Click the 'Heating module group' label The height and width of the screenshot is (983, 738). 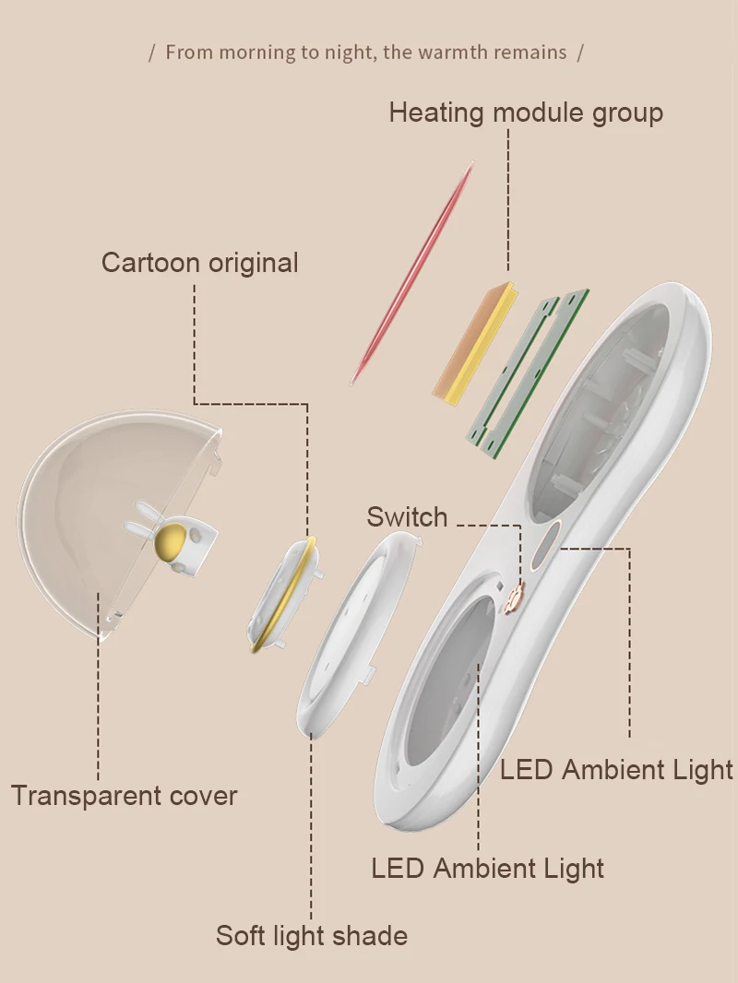[525, 113]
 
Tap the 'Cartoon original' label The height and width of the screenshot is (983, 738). [199, 262]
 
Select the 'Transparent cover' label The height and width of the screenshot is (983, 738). [124, 796]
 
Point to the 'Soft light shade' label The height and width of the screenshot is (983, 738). [311, 936]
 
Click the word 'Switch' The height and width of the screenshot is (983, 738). [407, 516]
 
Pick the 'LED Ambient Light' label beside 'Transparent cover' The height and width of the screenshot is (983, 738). [616, 769]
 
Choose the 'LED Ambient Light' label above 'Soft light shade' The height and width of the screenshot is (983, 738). [487, 868]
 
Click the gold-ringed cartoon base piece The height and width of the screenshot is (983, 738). [281, 595]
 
